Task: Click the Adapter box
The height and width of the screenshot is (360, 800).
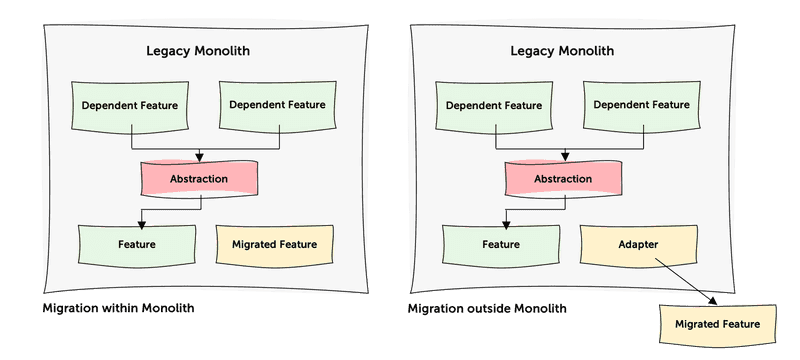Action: (x=637, y=243)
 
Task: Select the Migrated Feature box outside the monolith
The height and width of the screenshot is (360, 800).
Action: (x=717, y=325)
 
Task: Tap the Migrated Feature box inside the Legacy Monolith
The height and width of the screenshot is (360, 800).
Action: (x=274, y=244)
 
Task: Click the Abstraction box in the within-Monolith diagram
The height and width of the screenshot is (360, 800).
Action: (x=198, y=179)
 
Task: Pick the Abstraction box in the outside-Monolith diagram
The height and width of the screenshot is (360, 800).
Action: (x=562, y=179)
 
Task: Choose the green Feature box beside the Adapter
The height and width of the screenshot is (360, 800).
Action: (x=501, y=244)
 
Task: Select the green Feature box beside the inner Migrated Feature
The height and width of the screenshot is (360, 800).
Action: (x=137, y=244)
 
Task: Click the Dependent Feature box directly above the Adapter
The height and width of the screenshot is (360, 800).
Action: (x=637, y=105)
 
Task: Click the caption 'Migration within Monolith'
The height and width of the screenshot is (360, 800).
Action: (x=118, y=307)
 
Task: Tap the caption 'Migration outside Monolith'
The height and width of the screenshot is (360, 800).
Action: (x=487, y=307)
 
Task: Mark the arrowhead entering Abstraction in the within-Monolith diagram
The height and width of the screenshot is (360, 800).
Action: (x=200, y=157)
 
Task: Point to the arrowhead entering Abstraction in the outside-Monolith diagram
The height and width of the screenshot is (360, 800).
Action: (x=564, y=157)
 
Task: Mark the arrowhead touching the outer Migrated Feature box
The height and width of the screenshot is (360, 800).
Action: (x=713, y=302)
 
